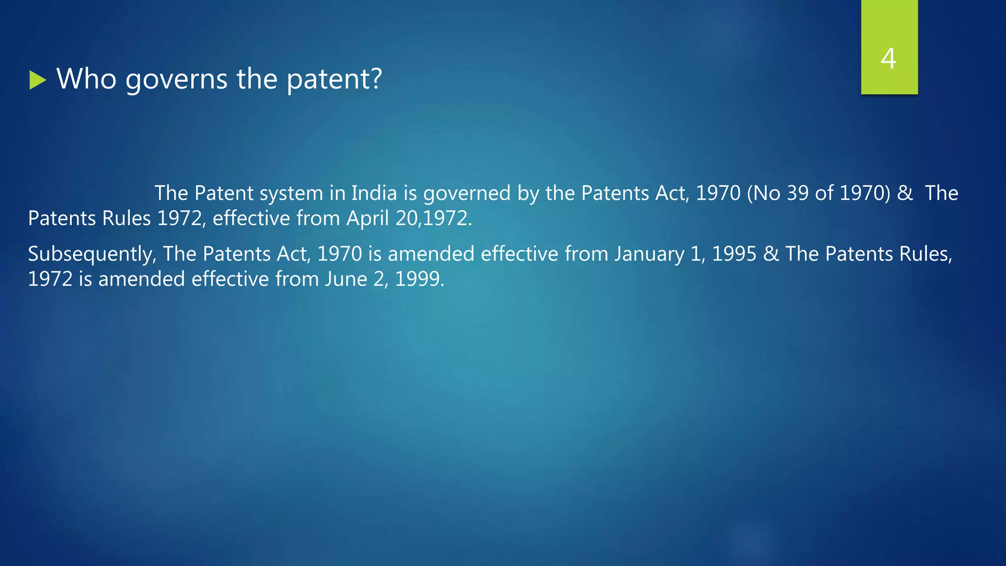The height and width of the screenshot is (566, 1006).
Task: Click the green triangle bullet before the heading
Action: [x=38, y=80]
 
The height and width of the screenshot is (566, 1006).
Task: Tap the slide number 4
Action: [x=888, y=58]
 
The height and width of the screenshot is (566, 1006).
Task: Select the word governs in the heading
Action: [x=176, y=80]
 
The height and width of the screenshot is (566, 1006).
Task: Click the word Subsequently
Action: [x=92, y=255]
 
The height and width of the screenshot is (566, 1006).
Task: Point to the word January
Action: [x=649, y=255]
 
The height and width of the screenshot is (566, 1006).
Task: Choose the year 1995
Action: [x=734, y=254]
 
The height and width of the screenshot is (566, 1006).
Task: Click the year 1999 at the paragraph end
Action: [x=417, y=279]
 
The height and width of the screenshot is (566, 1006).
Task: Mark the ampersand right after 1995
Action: [x=771, y=254]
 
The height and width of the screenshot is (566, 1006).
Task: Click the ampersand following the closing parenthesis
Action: [x=905, y=193]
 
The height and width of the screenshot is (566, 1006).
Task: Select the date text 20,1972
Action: [x=432, y=219]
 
